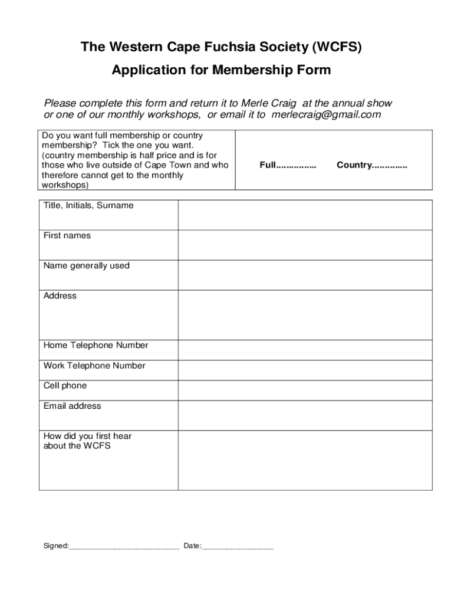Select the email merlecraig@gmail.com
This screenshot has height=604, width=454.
[326, 114]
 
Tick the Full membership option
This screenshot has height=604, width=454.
[288, 165]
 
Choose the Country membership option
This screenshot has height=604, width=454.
[371, 165]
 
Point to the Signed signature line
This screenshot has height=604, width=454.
[124, 547]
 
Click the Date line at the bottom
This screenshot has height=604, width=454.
[238, 547]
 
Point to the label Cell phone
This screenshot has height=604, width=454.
[65, 386]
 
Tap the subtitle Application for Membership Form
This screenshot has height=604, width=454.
[221, 70]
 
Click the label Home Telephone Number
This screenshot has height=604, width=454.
[96, 345]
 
